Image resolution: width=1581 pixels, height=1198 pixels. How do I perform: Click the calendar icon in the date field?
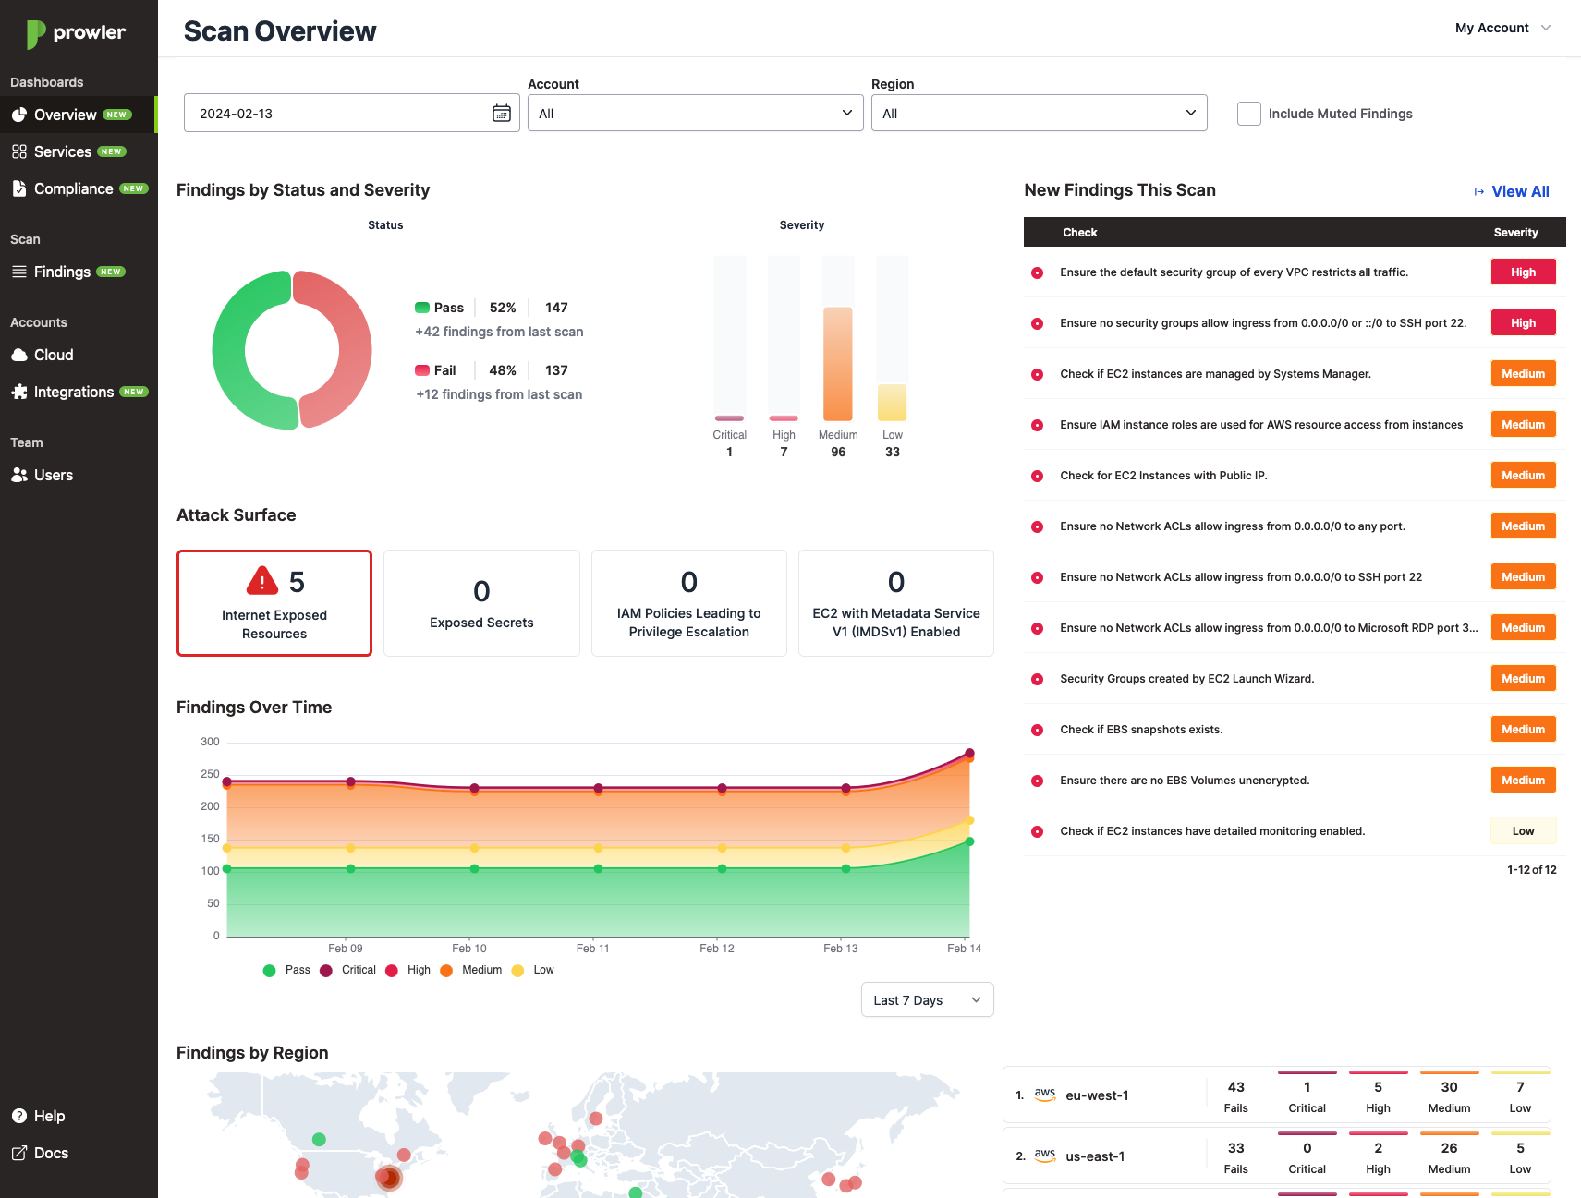click(x=502, y=113)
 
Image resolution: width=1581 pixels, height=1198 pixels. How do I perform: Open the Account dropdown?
click(x=695, y=113)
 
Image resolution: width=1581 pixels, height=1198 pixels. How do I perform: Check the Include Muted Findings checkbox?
click(x=1248, y=114)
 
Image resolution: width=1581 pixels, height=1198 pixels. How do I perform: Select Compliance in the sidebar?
click(x=73, y=188)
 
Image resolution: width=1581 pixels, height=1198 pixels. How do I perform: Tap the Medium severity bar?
click(x=838, y=363)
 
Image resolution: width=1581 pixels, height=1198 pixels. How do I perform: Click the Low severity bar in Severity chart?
click(x=892, y=402)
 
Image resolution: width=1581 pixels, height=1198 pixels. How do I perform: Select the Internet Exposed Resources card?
click(x=274, y=603)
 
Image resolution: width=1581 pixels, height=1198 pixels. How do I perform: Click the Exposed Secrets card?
click(x=481, y=603)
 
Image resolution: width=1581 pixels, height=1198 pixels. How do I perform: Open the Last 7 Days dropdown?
click(x=927, y=1000)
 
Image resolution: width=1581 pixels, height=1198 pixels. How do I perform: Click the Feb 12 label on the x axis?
click(x=717, y=949)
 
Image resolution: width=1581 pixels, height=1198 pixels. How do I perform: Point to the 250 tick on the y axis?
click(x=210, y=774)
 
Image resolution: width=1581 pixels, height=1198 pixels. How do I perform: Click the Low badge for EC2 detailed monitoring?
click(x=1523, y=831)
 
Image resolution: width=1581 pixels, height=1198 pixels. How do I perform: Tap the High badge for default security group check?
click(x=1523, y=272)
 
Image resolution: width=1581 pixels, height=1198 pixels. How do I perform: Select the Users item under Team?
click(x=53, y=475)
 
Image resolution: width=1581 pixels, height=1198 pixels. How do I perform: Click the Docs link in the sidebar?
click(x=51, y=1153)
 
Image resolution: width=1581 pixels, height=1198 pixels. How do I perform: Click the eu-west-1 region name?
click(x=1097, y=1095)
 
